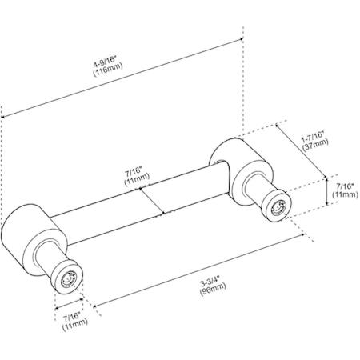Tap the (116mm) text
[108, 70]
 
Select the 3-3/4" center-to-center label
[210, 282]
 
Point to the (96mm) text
[213, 289]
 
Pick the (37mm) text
[315, 145]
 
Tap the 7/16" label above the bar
[134, 170]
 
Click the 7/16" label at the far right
[345, 186]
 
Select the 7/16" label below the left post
[71, 317]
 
